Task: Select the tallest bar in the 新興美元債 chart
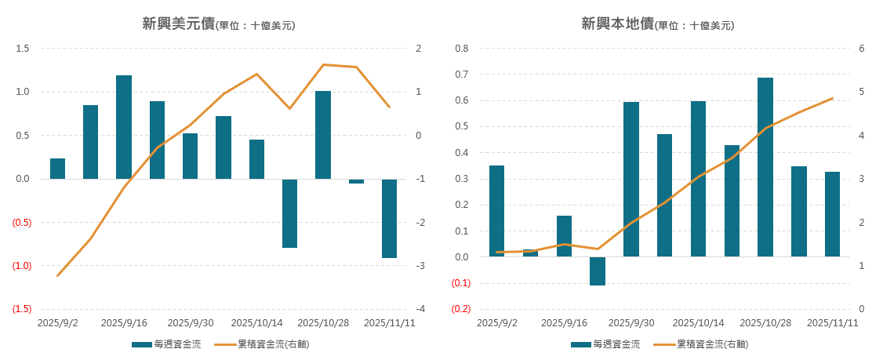(124, 126)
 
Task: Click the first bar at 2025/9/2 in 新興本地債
(496, 210)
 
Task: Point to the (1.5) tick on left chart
(21, 309)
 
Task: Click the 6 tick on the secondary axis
(861, 49)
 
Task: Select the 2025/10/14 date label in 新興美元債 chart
(257, 322)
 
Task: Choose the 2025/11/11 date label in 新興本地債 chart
(833, 322)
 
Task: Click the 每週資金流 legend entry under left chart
(167, 344)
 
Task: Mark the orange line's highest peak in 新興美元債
(323, 64)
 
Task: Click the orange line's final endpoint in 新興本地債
(832, 99)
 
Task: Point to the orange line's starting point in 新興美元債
(57, 275)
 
